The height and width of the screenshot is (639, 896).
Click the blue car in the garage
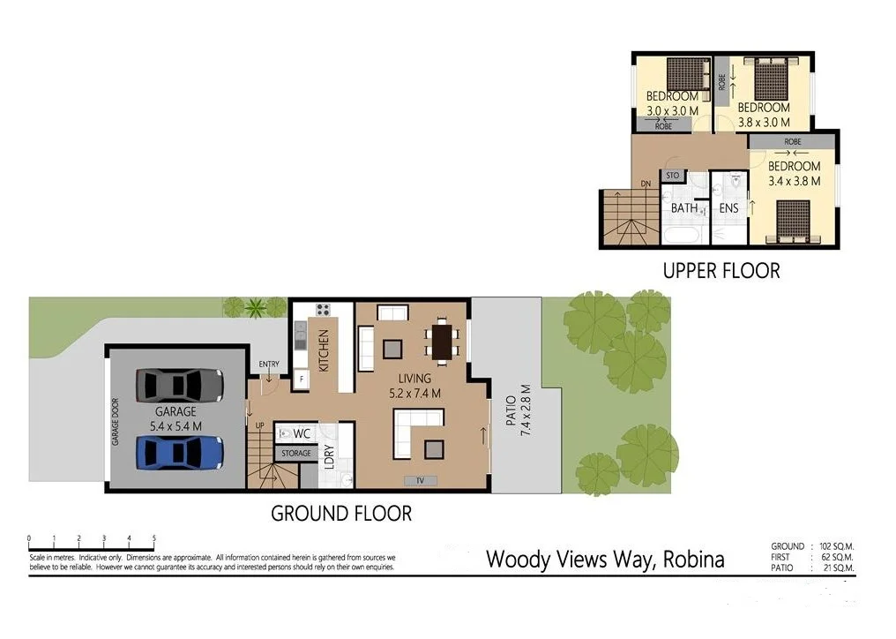(x=180, y=453)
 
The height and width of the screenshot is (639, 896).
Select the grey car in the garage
(x=180, y=385)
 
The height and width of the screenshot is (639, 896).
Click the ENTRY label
(x=269, y=365)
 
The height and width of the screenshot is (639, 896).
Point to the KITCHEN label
(x=324, y=350)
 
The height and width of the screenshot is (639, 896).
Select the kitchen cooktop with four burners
(x=323, y=310)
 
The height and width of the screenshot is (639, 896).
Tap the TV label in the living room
(x=420, y=480)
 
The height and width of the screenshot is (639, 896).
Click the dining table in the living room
(x=442, y=340)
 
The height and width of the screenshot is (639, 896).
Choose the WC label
(x=301, y=433)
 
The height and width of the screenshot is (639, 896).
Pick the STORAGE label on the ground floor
(x=295, y=453)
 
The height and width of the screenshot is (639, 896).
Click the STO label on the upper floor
(x=672, y=176)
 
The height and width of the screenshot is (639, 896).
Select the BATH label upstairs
(x=684, y=208)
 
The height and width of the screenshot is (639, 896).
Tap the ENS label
(x=728, y=208)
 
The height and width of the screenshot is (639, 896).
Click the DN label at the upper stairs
(x=646, y=184)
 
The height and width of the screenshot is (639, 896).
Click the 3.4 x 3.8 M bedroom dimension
(x=794, y=181)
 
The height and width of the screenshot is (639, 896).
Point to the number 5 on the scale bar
(x=154, y=538)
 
